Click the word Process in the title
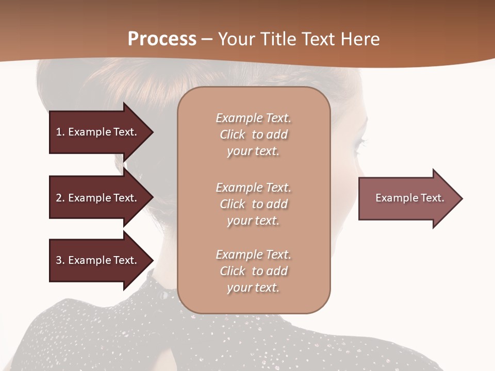(x=162, y=39)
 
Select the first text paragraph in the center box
(x=253, y=134)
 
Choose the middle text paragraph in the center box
(x=253, y=204)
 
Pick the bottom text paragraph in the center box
(x=253, y=271)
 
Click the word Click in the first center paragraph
(x=232, y=135)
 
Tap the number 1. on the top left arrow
(x=60, y=132)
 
